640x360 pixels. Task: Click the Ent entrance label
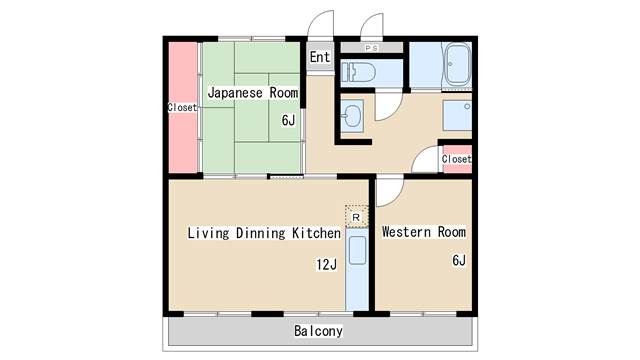[x=320, y=57]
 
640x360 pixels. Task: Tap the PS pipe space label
[x=371, y=48]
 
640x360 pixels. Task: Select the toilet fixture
[x=358, y=73]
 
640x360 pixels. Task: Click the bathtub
[x=458, y=65]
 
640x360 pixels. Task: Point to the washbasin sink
[x=352, y=116]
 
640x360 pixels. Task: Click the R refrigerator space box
[x=356, y=217]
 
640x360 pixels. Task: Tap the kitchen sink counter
[x=357, y=269]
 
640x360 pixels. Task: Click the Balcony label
[x=318, y=331]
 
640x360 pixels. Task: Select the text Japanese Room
[x=253, y=93]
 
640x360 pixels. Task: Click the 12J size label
[x=327, y=264]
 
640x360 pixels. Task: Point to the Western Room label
[x=424, y=232]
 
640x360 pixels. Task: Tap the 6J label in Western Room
[x=459, y=260]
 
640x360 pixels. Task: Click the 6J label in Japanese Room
[x=288, y=120]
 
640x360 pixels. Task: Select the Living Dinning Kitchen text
[x=264, y=233]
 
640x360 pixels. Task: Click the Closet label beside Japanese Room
[x=182, y=107]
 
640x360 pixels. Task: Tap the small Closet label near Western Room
[x=456, y=159]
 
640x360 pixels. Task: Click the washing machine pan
[x=457, y=116]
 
